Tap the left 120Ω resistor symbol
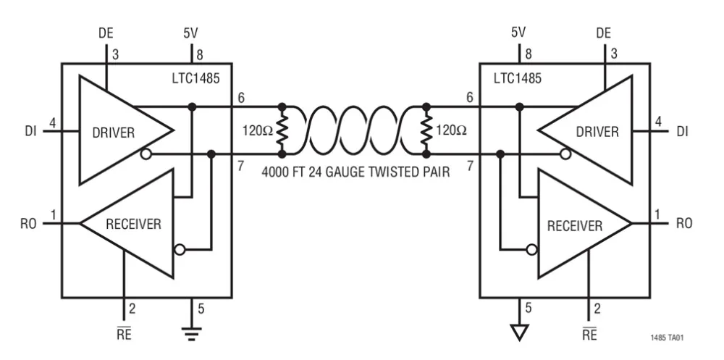click(x=282, y=132)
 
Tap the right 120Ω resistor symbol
click(x=426, y=132)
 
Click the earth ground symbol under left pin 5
click(x=192, y=332)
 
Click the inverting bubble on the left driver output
click(x=147, y=154)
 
